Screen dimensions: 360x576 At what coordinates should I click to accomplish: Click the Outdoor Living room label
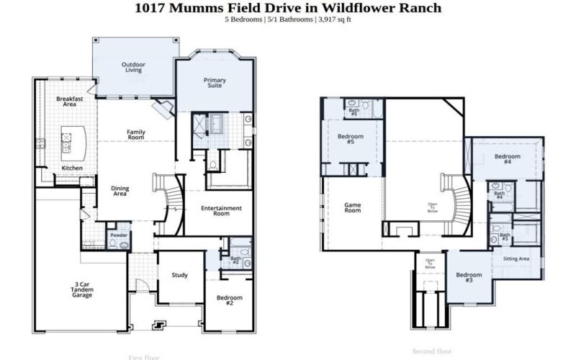133,68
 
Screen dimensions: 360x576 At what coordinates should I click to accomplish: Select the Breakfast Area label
70,102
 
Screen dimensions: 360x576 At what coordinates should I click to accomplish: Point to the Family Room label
136,135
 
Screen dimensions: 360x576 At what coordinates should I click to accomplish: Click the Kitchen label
72,168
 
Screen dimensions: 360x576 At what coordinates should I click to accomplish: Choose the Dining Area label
120,192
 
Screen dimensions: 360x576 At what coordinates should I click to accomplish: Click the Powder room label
118,235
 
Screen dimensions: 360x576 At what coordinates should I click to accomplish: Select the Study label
180,275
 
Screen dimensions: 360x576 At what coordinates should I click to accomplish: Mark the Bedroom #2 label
230,300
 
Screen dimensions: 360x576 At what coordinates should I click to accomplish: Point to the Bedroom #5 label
351,139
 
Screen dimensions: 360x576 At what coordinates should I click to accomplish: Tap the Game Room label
352,207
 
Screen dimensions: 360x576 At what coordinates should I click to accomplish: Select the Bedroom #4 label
508,159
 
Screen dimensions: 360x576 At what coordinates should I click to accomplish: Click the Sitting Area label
516,258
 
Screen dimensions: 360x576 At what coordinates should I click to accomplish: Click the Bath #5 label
354,112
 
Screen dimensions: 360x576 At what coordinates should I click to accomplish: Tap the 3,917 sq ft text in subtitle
333,19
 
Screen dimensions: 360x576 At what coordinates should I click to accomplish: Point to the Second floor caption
432,351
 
